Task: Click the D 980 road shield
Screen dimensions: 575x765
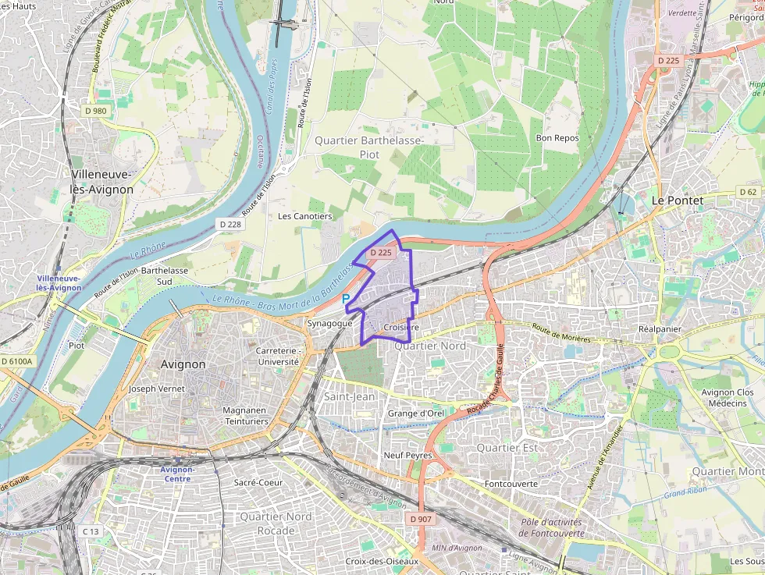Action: [x=95, y=111]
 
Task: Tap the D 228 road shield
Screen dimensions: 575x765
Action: [x=230, y=224]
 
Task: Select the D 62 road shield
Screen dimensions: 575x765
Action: [x=748, y=192]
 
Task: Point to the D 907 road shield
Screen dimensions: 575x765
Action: [x=419, y=519]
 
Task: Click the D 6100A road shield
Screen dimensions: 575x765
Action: [x=17, y=361]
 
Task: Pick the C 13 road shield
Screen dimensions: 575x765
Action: [x=91, y=531]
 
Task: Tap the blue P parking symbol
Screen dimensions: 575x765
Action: [x=346, y=298]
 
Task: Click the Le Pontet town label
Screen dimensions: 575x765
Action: [x=677, y=201]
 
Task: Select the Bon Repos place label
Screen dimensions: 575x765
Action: [x=557, y=138]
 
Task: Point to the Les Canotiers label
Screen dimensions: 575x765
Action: [x=305, y=216]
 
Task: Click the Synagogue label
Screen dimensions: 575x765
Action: [x=330, y=323]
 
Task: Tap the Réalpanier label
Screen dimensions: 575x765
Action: [x=660, y=329]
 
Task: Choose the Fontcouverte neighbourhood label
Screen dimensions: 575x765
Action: [x=511, y=484]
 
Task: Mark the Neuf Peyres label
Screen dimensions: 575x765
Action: [x=407, y=455]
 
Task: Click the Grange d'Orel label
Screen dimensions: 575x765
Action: [x=415, y=414]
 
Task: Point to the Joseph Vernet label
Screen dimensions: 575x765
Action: [x=157, y=389]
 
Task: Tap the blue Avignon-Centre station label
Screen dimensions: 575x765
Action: [x=177, y=474]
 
